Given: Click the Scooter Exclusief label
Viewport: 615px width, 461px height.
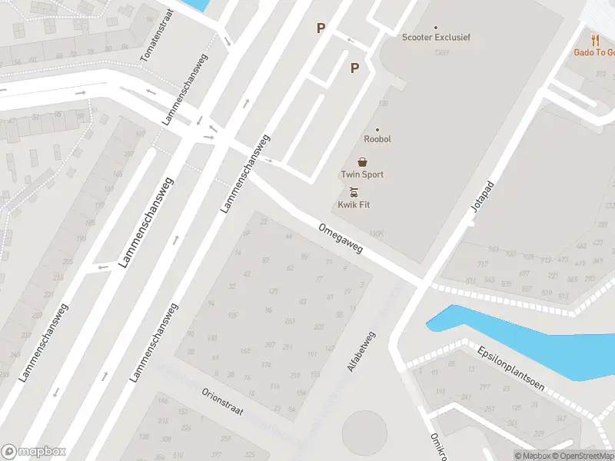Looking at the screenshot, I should pos(437,37).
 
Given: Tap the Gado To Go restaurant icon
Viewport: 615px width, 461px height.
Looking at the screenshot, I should pos(595,39).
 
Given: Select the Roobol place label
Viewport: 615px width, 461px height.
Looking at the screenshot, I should pos(377,139).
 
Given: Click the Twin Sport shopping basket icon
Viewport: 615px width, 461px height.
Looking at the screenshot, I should pos(362,162).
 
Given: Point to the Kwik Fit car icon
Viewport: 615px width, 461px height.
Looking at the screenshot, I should pos(354,192).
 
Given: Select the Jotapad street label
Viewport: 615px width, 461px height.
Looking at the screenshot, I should pos(482,197).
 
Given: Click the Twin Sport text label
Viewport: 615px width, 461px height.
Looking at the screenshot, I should pos(362,174).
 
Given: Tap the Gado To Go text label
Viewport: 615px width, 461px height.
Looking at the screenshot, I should pos(595,52).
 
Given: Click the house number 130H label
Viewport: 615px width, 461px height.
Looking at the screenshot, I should pos(440,52).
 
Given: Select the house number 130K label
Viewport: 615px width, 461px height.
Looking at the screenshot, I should pos(376,233).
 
